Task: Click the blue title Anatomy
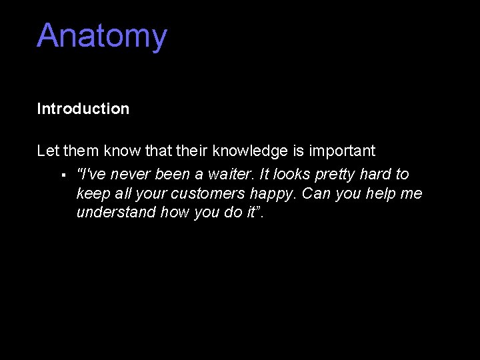coord(101,36)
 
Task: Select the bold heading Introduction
coord(83,109)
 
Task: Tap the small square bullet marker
coord(61,175)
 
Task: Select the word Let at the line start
coord(48,151)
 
